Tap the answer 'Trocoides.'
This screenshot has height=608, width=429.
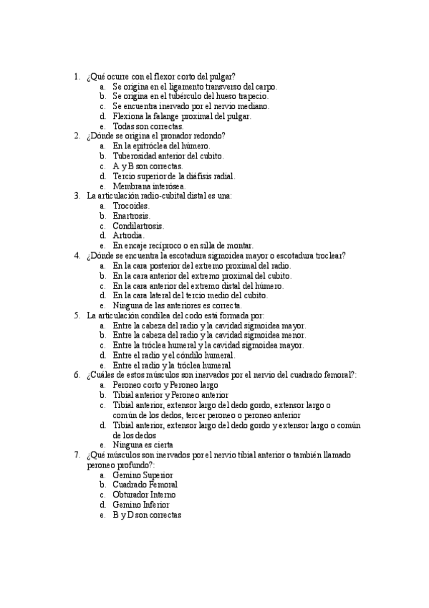point(131,205)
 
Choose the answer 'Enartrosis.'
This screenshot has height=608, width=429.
point(131,215)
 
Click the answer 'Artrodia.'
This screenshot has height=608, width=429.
point(128,235)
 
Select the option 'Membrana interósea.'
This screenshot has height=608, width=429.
point(148,185)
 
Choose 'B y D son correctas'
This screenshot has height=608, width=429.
point(147,515)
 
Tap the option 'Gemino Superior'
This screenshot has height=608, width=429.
point(143,475)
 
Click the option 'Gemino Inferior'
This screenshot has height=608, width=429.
point(141,505)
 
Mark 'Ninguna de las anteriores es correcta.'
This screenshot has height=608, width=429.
point(182,305)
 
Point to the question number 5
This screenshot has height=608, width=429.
point(77,315)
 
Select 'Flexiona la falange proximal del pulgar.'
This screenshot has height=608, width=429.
point(182,115)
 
